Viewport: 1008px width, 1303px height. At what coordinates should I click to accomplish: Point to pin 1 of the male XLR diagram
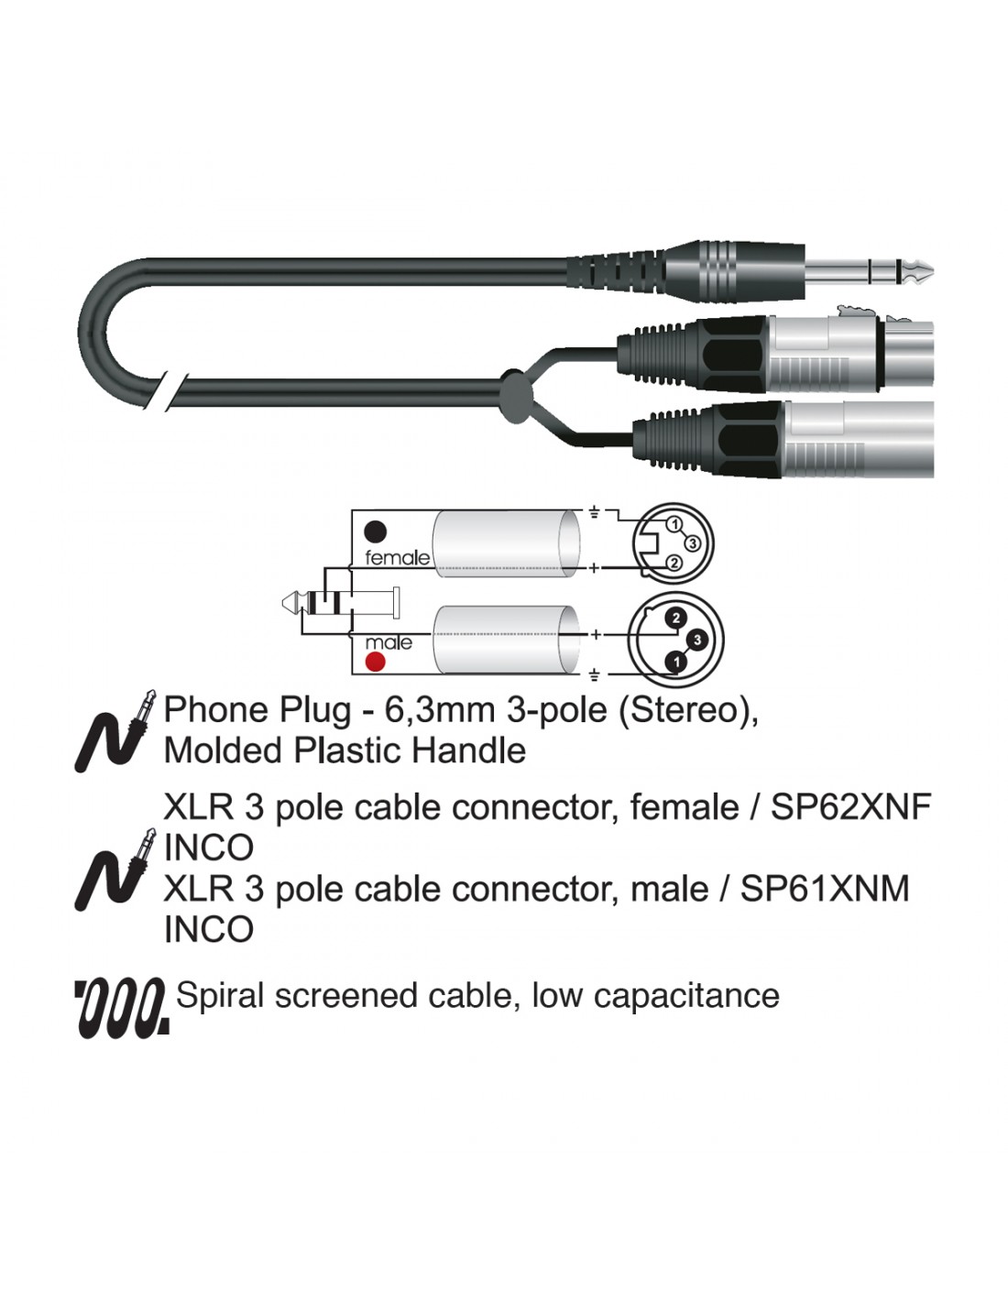676,662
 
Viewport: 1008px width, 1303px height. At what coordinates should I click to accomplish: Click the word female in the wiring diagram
397,558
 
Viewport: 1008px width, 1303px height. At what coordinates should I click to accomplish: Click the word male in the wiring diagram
389,643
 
